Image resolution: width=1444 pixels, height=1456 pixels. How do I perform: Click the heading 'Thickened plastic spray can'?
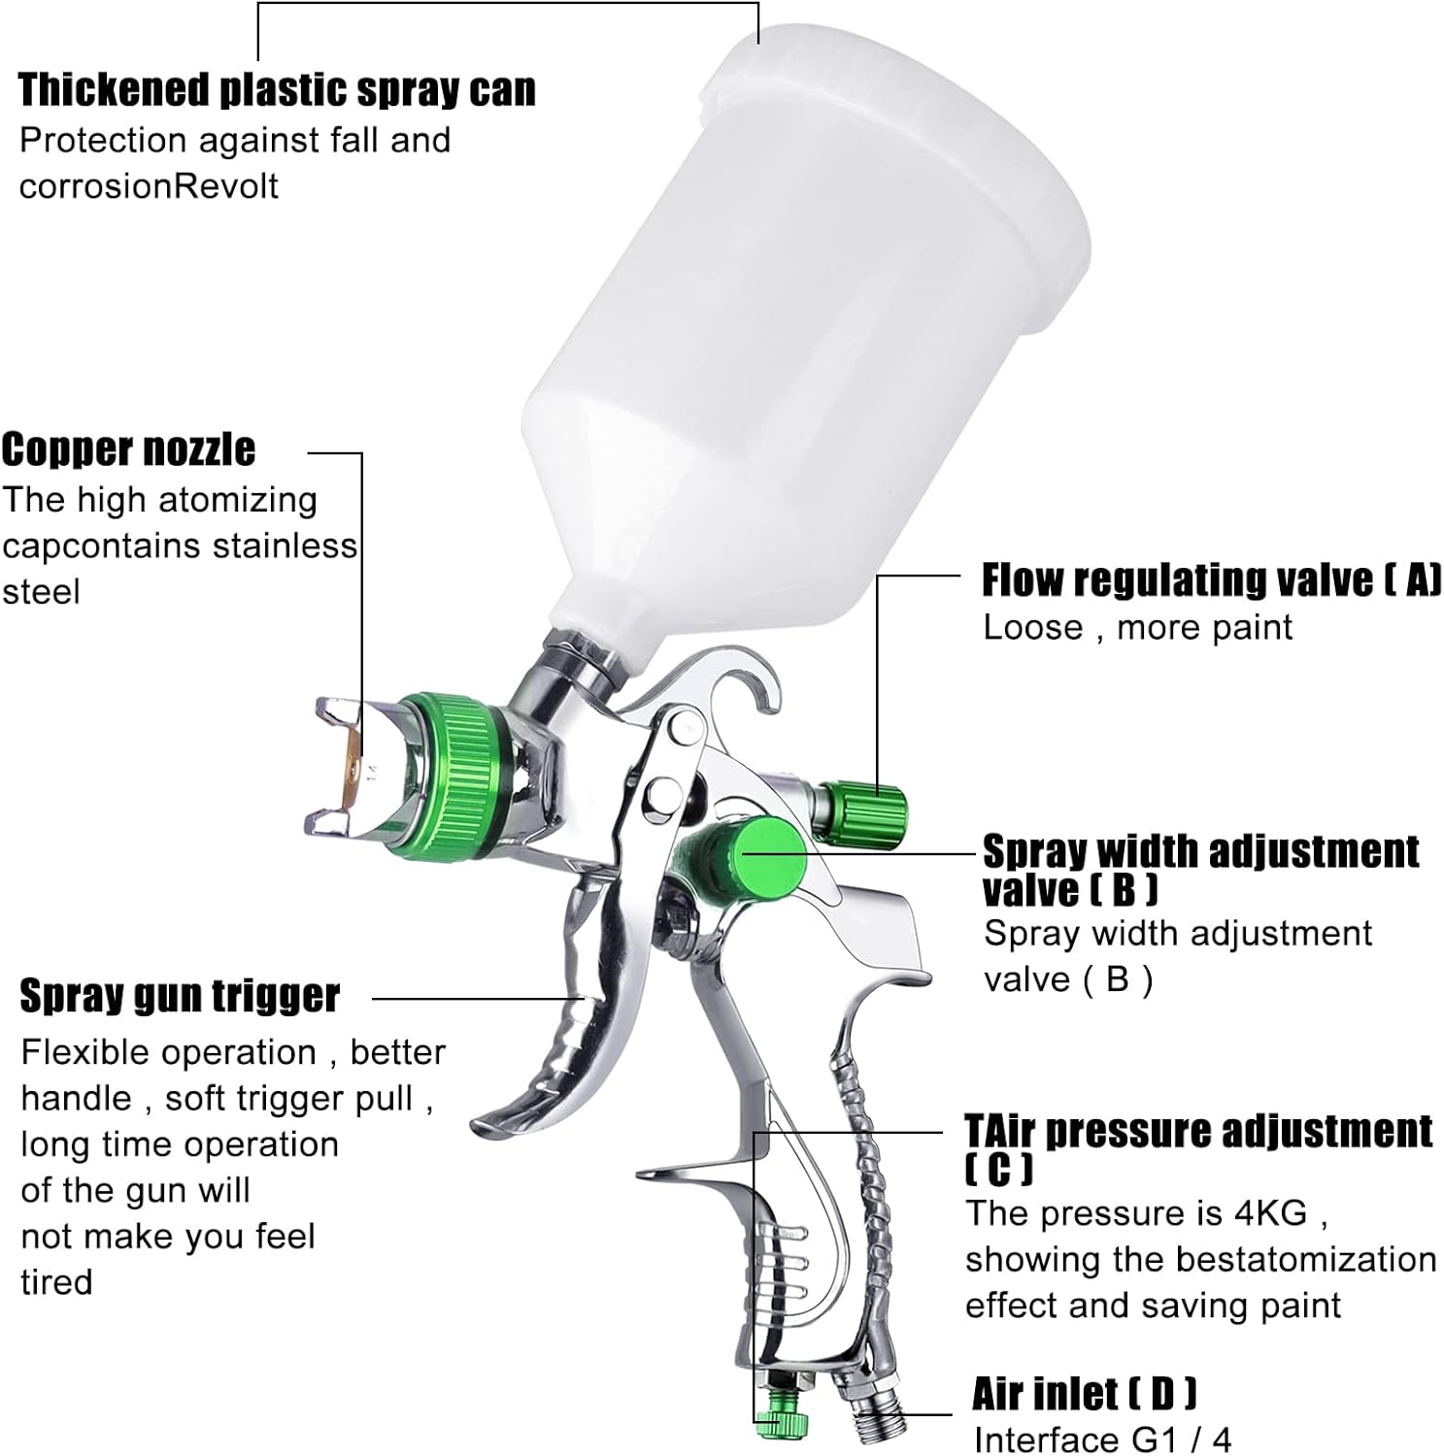pos(277,89)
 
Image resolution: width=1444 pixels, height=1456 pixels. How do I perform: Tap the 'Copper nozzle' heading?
pos(128,449)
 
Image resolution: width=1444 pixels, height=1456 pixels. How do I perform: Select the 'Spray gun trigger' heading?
pos(180,996)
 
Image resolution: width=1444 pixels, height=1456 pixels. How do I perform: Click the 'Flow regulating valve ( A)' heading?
pos(1211,579)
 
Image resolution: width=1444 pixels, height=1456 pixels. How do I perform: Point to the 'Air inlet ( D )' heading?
pos(1084,1394)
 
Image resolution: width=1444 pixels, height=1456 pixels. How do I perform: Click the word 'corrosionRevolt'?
pos(149,185)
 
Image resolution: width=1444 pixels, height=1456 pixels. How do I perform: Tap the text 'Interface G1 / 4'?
pos(1102,1439)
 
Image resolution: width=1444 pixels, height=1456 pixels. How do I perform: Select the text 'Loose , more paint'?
pos(1137,627)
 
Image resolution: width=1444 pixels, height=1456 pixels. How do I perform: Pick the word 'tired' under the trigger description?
pos(56,1282)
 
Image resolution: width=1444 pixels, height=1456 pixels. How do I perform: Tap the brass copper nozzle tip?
pos(351,766)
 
